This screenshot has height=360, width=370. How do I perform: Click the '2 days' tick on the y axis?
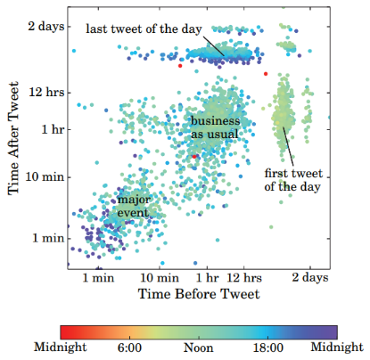(x=45, y=27)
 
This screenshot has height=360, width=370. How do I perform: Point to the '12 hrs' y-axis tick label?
(x=44, y=90)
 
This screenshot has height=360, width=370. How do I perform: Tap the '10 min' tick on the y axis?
(x=45, y=175)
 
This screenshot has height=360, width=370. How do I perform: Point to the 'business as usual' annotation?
(x=215, y=126)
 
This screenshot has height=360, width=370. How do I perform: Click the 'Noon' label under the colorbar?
(x=198, y=347)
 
